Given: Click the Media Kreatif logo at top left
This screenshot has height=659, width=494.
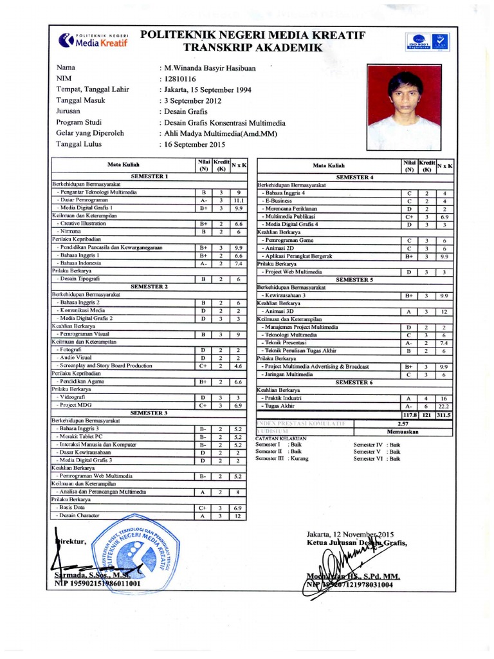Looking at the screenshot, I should click(x=93, y=40).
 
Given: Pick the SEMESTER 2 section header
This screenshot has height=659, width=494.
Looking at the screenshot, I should click(x=149, y=286).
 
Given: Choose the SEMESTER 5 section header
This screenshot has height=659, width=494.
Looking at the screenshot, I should click(x=354, y=280).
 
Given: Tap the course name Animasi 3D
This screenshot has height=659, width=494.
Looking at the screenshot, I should click(x=280, y=311).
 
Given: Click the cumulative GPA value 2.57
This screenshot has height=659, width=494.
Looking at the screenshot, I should click(x=403, y=423).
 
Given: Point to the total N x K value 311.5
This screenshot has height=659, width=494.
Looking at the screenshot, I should click(x=444, y=416).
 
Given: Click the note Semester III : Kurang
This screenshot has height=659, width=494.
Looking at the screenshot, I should click(x=282, y=458).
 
